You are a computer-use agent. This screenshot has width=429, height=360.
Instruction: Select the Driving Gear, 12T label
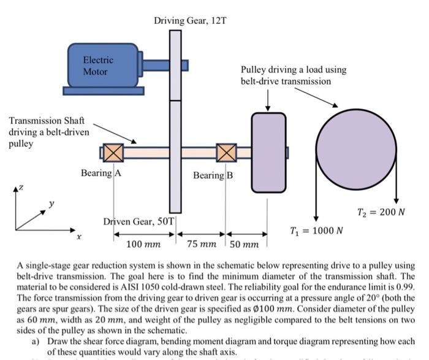tap(191, 21)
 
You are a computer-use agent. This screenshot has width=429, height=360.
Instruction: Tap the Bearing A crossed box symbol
tap(113, 152)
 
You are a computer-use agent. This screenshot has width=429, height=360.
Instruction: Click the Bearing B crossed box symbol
tap(226, 152)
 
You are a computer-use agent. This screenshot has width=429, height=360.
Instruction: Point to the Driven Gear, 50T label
tap(139, 221)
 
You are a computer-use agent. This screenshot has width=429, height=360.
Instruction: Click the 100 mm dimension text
tap(143, 244)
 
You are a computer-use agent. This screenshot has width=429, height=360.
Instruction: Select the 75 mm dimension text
tap(202, 244)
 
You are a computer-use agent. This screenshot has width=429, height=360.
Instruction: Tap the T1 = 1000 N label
tap(316, 231)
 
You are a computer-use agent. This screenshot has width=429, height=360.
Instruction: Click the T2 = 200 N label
tap(381, 212)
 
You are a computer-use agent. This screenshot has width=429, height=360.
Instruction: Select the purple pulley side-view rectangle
tap(268, 150)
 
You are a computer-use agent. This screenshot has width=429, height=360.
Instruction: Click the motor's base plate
tap(104, 91)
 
